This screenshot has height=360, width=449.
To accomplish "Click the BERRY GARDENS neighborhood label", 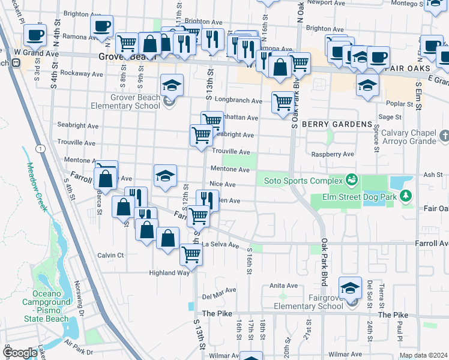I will pos(337,124).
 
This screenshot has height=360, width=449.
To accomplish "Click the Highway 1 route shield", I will pos(38,148).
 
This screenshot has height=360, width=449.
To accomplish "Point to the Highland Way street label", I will pos(169,272).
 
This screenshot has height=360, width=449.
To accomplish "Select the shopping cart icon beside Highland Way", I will pos(191,254).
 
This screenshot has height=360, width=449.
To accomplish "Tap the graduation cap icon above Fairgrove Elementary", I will pos(350,287).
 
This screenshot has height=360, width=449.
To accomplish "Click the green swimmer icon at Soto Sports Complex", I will pos(351,179).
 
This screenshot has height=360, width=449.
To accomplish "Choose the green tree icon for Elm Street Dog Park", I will pos(406,195).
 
